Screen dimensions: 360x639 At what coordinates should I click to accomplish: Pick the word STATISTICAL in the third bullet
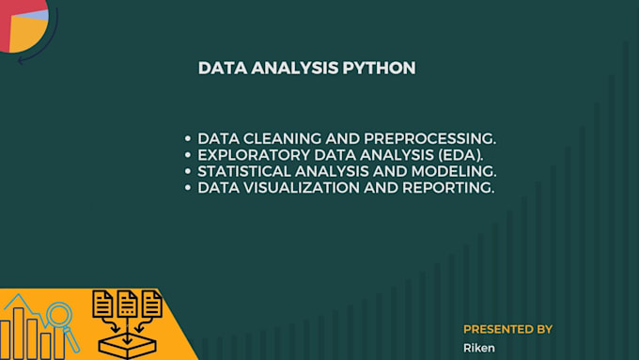pyautogui.click(x=244, y=172)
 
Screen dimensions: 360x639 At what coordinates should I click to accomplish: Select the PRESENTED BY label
pyautogui.click(x=507, y=329)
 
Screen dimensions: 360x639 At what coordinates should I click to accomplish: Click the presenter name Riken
pyautogui.click(x=479, y=348)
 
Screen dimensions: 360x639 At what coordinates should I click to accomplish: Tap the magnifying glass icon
pyautogui.click(x=60, y=317)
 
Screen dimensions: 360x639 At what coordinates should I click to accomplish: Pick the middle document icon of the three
pyautogui.click(x=127, y=304)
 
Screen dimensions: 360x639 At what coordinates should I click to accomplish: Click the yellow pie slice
pyautogui.click(x=24, y=34)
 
